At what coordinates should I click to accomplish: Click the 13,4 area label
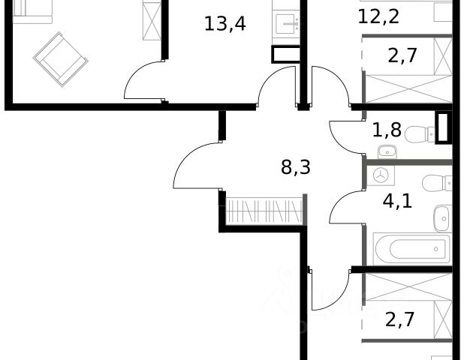tap(225, 24)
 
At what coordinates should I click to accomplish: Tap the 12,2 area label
tap(378, 16)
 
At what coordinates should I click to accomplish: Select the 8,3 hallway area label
tap(296, 167)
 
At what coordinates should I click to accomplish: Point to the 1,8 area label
tap(387, 130)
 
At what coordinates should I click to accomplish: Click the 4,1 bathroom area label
tap(397, 202)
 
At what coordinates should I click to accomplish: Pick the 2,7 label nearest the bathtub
tap(399, 319)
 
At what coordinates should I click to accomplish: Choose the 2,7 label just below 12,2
tap(402, 55)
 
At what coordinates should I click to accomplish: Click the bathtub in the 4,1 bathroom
tap(412, 249)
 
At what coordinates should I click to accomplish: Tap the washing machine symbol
tap(381, 175)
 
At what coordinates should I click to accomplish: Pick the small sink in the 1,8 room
tap(387, 151)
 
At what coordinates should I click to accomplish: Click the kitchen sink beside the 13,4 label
tap(287, 24)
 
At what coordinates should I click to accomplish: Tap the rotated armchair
tap(61, 59)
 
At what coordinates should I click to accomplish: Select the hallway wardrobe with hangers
tap(264, 211)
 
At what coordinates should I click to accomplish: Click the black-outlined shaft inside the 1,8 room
tap(442, 127)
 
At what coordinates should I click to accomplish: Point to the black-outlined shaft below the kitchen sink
tap(285, 55)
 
